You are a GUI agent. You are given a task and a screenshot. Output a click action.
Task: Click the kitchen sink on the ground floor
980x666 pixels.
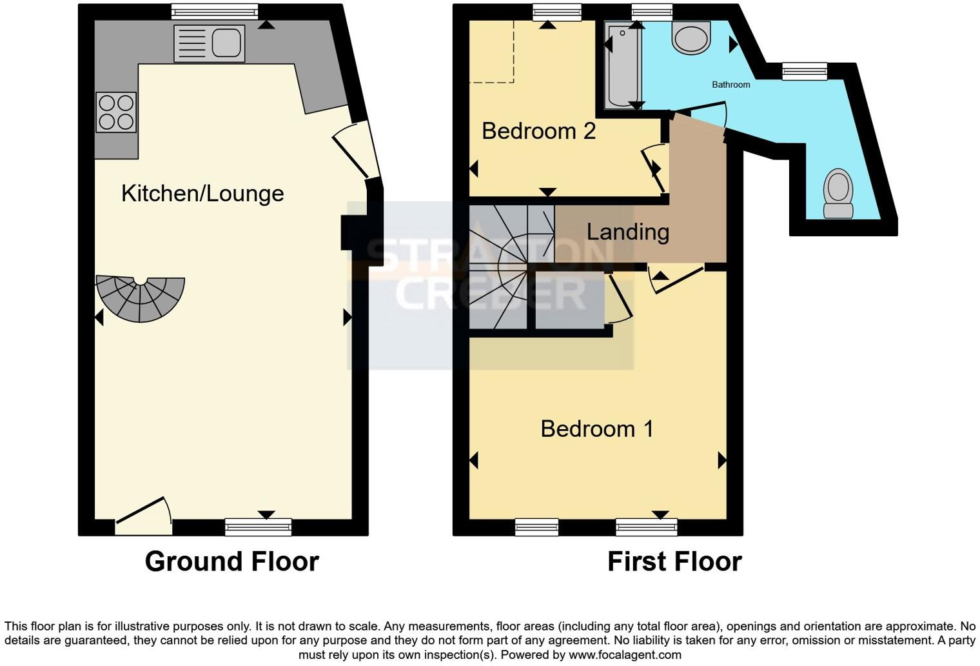[209, 43]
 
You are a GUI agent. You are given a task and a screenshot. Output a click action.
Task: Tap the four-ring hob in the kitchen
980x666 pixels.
[117, 112]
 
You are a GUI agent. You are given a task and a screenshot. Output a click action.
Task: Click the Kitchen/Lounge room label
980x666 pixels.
[202, 193]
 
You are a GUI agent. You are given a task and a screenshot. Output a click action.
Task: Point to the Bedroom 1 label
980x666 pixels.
[596, 429]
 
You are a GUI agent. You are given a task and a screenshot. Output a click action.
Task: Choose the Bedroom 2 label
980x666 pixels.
[538, 131]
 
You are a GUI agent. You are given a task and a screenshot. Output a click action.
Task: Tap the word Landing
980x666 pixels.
[627, 232]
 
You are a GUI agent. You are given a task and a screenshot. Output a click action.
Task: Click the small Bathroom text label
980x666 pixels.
[730, 85]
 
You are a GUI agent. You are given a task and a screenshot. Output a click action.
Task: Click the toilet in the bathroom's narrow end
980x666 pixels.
[838, 193]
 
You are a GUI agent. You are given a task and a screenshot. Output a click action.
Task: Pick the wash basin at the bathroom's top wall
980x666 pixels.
[691, 37]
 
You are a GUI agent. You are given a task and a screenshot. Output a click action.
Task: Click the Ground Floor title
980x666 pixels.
[231, 561]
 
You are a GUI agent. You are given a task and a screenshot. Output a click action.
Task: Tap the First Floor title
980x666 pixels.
[674, 561]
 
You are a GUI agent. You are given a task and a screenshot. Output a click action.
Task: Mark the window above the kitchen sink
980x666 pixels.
[215, 12]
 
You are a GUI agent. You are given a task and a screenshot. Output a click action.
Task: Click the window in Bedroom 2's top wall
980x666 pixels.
[557, 12]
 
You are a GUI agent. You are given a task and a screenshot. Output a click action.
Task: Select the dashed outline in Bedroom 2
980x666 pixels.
[492, 52]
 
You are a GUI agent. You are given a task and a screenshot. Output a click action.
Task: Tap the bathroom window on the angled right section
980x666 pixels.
[804, 71]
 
